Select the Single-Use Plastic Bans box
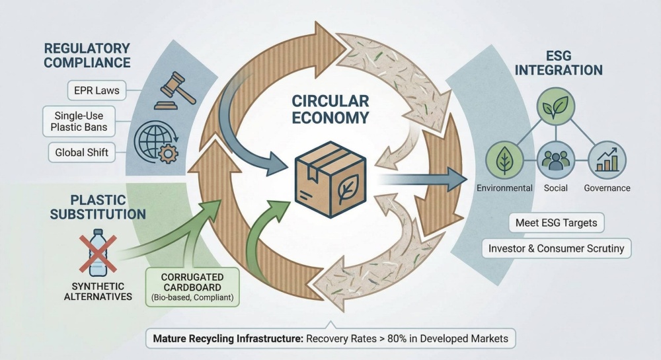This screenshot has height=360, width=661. pos(77,120)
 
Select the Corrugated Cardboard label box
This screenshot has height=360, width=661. pos(192,286)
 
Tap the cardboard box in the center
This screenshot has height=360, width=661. pos(325,177)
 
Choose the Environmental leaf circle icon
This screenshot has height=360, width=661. pos(504,161)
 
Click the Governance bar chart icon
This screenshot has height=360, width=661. pos(606,161)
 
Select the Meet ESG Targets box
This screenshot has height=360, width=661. pos(556,222)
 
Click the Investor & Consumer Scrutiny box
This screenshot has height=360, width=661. pos(556,248)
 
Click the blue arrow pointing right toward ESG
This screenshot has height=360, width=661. pos(423,178)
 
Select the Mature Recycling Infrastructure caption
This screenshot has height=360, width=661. pos(330,339)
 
